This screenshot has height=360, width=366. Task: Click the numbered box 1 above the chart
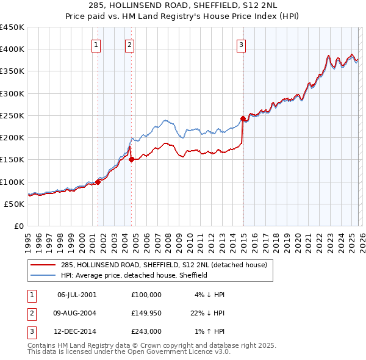click(x=97, y=44)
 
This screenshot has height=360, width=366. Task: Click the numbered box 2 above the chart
click(x=131, y=44)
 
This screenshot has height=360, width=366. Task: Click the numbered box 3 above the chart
click(x=242, y=44)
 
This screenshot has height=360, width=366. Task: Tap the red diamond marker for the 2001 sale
click(x=98, y=181)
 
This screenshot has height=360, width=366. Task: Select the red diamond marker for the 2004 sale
click(x=131, y=159)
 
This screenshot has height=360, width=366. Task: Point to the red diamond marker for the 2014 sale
click(x=243, y=118)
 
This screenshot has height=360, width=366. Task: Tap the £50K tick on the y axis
click(x=15, y=204)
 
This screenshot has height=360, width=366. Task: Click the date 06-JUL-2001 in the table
click(x=76, y=295)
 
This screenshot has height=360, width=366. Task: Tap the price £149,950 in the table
click(x=146, y=313)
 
